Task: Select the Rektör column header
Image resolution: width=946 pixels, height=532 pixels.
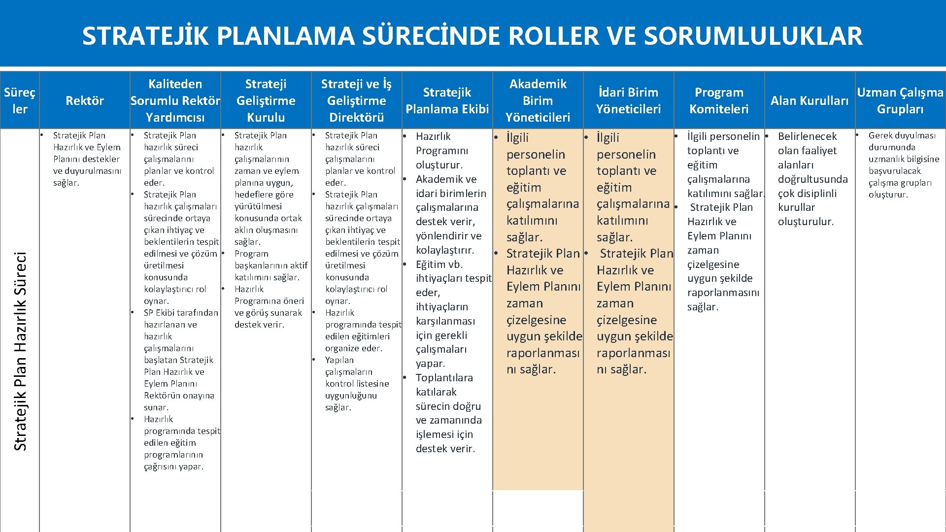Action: [x=85, y=100]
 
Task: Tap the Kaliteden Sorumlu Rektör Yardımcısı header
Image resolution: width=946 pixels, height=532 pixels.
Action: [x=175, y=100]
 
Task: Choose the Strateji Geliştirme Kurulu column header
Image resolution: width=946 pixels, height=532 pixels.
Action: [x=266, y=100]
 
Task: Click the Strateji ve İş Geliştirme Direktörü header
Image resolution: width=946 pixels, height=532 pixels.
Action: [x=356, y=100]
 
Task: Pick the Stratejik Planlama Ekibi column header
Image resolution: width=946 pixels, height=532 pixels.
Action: [x=447, y=100]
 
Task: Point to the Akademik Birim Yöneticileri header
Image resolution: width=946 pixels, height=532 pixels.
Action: [x=538, y=100]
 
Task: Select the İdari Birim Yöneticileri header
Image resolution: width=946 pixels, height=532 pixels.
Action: [x=628, y=100]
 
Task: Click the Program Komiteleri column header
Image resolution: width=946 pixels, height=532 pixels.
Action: [x=719, y=100]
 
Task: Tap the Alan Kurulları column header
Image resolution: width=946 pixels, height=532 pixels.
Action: [x=810, y=100]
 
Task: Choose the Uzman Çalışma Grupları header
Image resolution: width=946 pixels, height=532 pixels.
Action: [x=900, y=100]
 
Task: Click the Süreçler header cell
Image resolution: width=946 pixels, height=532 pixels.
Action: [x=20, y=100]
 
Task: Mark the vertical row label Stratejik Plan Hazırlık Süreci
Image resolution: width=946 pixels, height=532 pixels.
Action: [x=20, y=351]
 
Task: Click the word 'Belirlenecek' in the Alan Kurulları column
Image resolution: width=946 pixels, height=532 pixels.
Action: [x=807, y=136]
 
